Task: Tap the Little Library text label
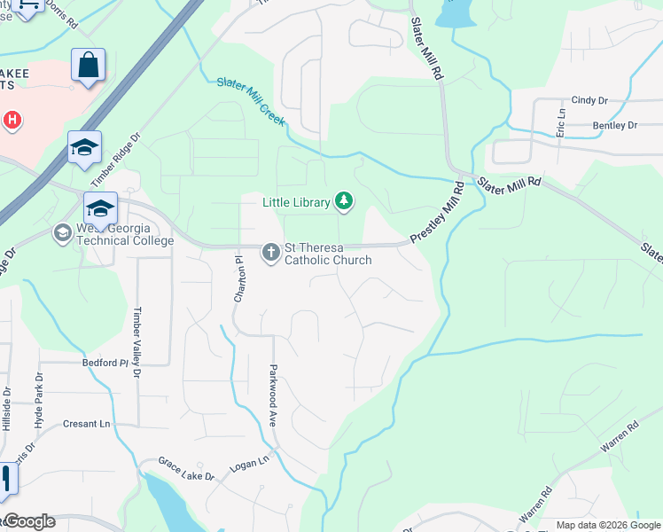[x=296, y=203]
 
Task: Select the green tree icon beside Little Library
[x=344, y=202]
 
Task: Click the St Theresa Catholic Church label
[x=327, y=254]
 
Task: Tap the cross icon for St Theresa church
[x=270, y=254]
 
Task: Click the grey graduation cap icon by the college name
[x=62, y=233]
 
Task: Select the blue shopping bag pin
[x=88, y=66]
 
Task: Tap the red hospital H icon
[x=12, y=119]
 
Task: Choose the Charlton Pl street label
[x=238, y=280]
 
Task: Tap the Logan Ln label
[x=249, y=463]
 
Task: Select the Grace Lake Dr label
[x=186, y=469]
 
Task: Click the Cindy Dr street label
[x=589, y=100]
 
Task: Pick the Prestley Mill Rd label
[x=438, y=214]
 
